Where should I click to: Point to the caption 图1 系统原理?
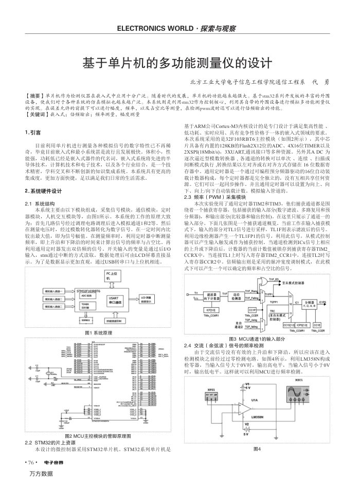[98, 333]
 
